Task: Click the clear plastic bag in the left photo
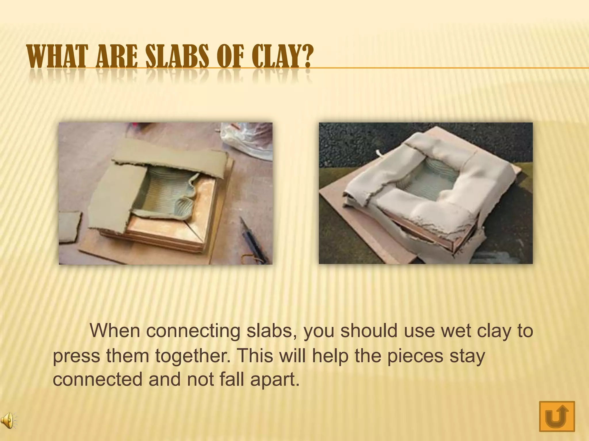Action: coord(247,141)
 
